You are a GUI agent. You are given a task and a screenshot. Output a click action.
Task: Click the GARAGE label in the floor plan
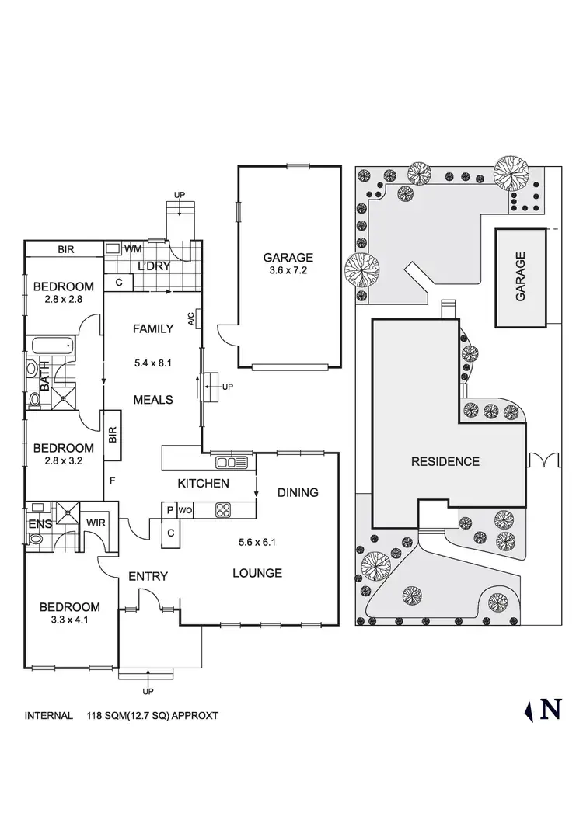pyautogui.click(x=288, y=258)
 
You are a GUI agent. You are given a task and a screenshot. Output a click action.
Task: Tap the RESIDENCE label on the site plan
pyautogui.click(x=445, y=461)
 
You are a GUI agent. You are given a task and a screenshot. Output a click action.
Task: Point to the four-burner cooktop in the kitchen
pyautogui.click(x=224, y=510)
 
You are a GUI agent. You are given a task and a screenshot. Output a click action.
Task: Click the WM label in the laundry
pyautogui.click(x=133, y=249)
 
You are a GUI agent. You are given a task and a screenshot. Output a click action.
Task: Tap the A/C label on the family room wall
pyautogui.click(x=190, y=318)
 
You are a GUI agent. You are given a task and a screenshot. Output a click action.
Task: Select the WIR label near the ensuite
pyautogui.click(x=96, y=523)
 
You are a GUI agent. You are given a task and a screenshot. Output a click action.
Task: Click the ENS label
pyautogui.click(x=40, y=524)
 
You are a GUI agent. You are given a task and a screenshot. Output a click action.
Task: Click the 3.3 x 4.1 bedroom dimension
pyautogui.click(x=70, y=621)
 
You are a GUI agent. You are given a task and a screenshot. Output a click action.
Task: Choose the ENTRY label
pyautogui.click(x=148, y=575)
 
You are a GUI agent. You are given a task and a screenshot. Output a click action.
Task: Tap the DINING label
pyautogui.click(x=298, y=492)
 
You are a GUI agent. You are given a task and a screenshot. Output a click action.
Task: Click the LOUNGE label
pyautogui.click(x=257, y=573)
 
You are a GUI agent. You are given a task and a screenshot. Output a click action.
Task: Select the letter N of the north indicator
pyautogui.click(x=551, y=709)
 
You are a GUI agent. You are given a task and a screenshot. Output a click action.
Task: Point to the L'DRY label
pyautogui.click(x=154, y=266)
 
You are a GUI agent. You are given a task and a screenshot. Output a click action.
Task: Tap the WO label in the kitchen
pyautogui.click(x=185, y=510)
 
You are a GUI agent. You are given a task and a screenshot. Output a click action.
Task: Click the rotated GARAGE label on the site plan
pyautogui.click(x=521, y=276)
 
